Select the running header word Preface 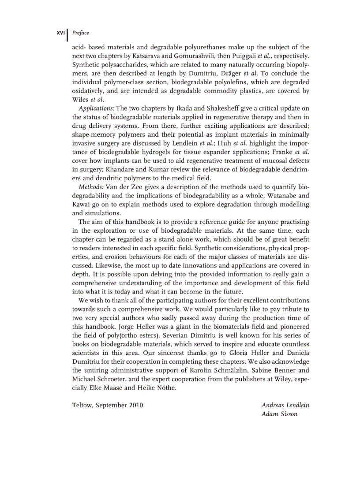(x=80, y=33)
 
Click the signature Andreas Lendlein (x=285, y=405)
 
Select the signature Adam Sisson (x=280, y=414)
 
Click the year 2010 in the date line (x=136, y=405)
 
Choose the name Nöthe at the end (x=165, y=388)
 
